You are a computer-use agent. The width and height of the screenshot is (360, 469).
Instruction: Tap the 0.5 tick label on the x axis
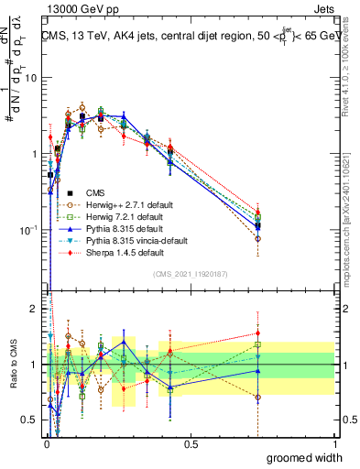(191, 444)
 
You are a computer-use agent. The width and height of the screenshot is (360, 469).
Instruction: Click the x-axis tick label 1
(335, 444)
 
